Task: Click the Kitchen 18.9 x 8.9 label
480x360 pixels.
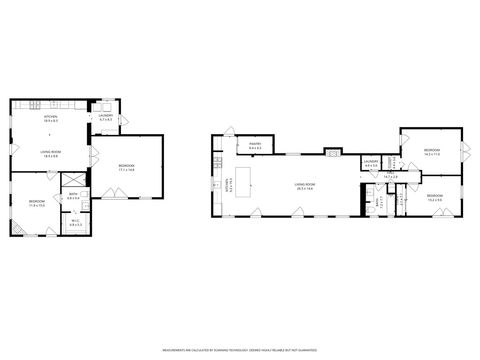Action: pyautogui.click(x=50, y=119)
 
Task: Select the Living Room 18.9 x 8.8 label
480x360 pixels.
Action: pyautogui.click(x=50, y=153)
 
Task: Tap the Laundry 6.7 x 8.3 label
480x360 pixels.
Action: pyautogui.click(x=104, y=119)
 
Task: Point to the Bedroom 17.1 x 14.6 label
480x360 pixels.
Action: pyautogui.click(x=126, y=167)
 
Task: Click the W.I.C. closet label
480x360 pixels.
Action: pyautogui.click(x=76, y=225)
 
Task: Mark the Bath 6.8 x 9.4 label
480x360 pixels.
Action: pyautogui.click(x=74, y=197)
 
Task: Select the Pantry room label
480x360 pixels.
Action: pyautogui.click(x=254, y=146)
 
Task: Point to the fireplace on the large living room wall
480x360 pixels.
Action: pyautogui.click(x=331, y=152)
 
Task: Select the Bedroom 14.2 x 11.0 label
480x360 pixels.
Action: pyautogui.click(x=431, y=153)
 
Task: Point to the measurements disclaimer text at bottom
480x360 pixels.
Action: pyautogui.click(x=240, y=351)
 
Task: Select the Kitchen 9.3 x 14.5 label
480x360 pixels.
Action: pyautogui.click(x=229, y=186)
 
